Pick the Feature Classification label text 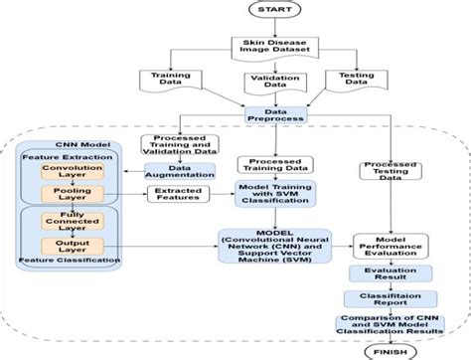click(64, 264)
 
